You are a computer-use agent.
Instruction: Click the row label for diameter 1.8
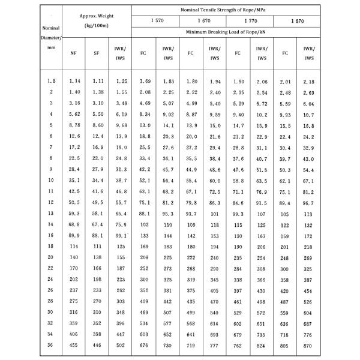pyautogui.click(x=52, y=80)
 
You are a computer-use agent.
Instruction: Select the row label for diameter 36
pyautogui.click(x=52, y=345)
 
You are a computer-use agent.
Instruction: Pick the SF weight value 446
pyautogui.click(x=97, y=345)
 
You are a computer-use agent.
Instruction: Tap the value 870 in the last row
pyautogui.click(x=308, y=345)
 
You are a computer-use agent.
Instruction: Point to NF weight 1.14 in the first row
pyautogui.click(x=74, y=80)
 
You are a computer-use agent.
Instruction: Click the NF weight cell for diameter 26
pyautogui.click(x=74, y=290)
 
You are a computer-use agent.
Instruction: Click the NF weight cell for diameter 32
pyautogui.click(x=74, y=323)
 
